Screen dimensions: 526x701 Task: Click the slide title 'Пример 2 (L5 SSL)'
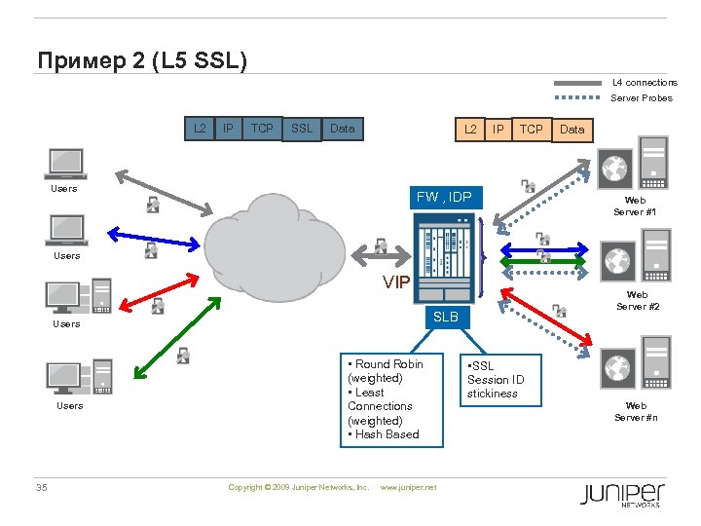142,60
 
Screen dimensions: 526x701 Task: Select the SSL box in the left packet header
302,128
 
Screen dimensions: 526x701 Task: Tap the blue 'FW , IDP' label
444,198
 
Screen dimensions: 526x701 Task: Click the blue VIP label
396,282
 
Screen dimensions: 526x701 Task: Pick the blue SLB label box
445,318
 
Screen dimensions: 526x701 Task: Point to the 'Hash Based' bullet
387,434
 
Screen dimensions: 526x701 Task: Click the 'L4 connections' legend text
644,83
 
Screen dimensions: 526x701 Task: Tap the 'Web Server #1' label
635,206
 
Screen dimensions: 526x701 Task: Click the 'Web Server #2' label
638,300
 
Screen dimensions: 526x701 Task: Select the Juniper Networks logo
621,494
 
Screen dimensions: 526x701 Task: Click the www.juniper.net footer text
408,487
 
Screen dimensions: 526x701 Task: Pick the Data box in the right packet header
572,129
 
